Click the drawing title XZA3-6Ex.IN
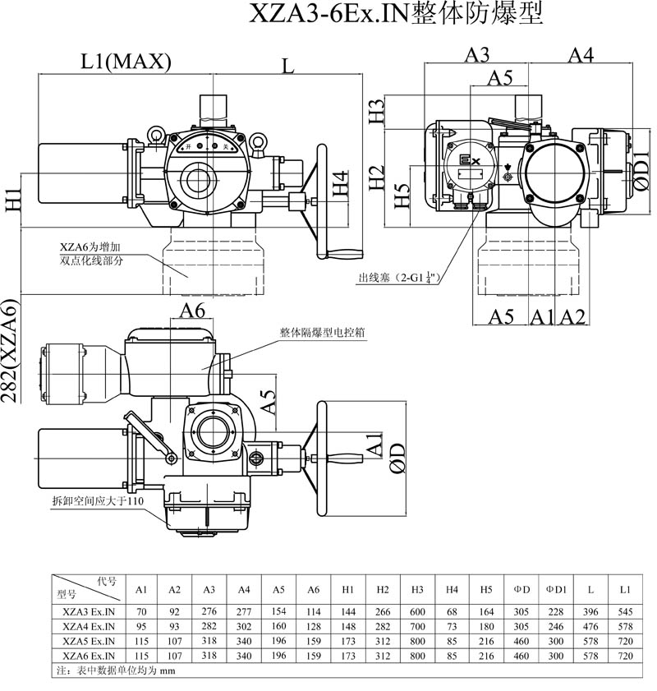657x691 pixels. (396, 16)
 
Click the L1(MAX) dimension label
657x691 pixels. (126, 61)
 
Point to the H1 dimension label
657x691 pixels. (12, 200)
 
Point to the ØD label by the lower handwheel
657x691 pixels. (397, 458)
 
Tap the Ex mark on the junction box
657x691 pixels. (469, 162)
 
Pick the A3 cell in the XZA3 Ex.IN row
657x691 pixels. (209, 612)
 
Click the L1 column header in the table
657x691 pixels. (625, 590)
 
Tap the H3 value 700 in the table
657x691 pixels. (417, 626)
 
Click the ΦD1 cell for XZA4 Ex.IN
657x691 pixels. (556, 626)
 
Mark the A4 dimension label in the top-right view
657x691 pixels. (581, 55)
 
